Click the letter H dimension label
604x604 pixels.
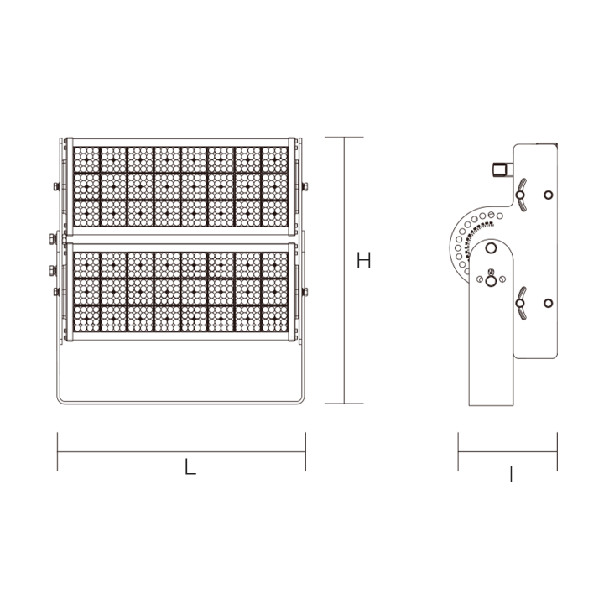click(x=362, y=261)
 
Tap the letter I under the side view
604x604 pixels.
click(x=511, y=476)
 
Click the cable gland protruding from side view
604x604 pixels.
click(x=501, y=169)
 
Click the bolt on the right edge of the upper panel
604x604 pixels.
click(x=303, y=186)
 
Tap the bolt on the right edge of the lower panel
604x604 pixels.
click(x=303, y=291)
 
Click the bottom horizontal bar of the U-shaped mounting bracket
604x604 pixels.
click(x=180, y=401)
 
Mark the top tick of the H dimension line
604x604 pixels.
click(x=343, y=137)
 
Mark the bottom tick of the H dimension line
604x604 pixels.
click(x=343, y=404)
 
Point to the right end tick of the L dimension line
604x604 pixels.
click(x=305, y=451)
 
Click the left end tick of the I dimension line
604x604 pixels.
click(x=458, y=451)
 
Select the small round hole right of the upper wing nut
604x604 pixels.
click(x=549, y=195)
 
